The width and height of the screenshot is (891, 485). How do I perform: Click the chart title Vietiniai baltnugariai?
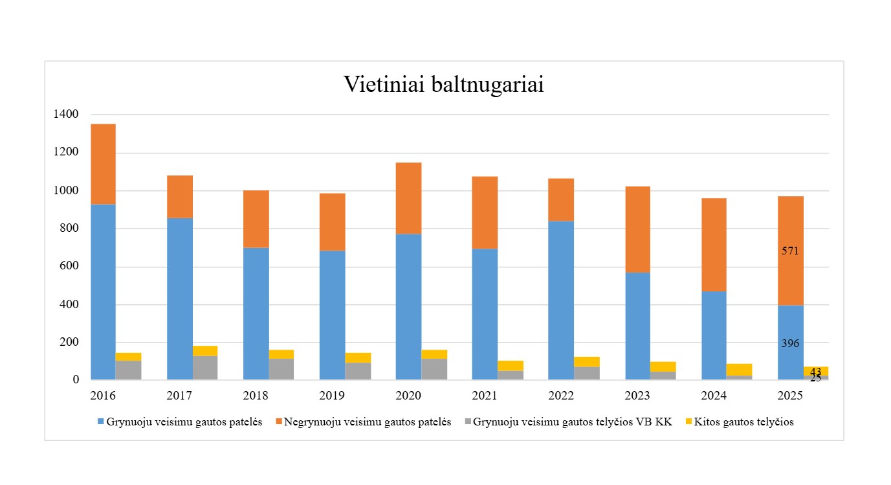443,85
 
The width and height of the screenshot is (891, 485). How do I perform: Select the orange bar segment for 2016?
104,164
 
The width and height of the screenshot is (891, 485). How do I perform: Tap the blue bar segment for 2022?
560,300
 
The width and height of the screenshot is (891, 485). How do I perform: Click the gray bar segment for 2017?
205,367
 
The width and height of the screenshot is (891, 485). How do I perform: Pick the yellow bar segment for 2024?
740,369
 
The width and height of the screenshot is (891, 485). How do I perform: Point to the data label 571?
790,251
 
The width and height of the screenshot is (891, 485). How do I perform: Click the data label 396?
790,344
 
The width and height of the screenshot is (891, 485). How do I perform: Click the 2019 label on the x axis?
332,396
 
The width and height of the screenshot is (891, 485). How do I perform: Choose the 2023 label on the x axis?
637,396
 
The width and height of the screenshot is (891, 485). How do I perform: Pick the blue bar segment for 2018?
256,313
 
